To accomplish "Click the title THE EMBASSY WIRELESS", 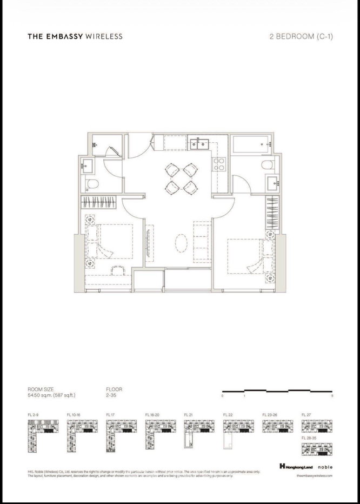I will pos(75,37).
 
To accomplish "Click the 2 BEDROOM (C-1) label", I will pos(300,37).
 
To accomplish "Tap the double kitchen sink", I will pos(200,144).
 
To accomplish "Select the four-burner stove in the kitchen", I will pos(220,164).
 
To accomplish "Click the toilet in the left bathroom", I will pos(91,184).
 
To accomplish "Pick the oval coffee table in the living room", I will pos(183,243).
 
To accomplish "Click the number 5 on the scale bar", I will pos(332,396).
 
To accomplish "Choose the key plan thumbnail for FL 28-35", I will pos(315,449).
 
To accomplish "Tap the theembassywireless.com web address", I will pos(314,476).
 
